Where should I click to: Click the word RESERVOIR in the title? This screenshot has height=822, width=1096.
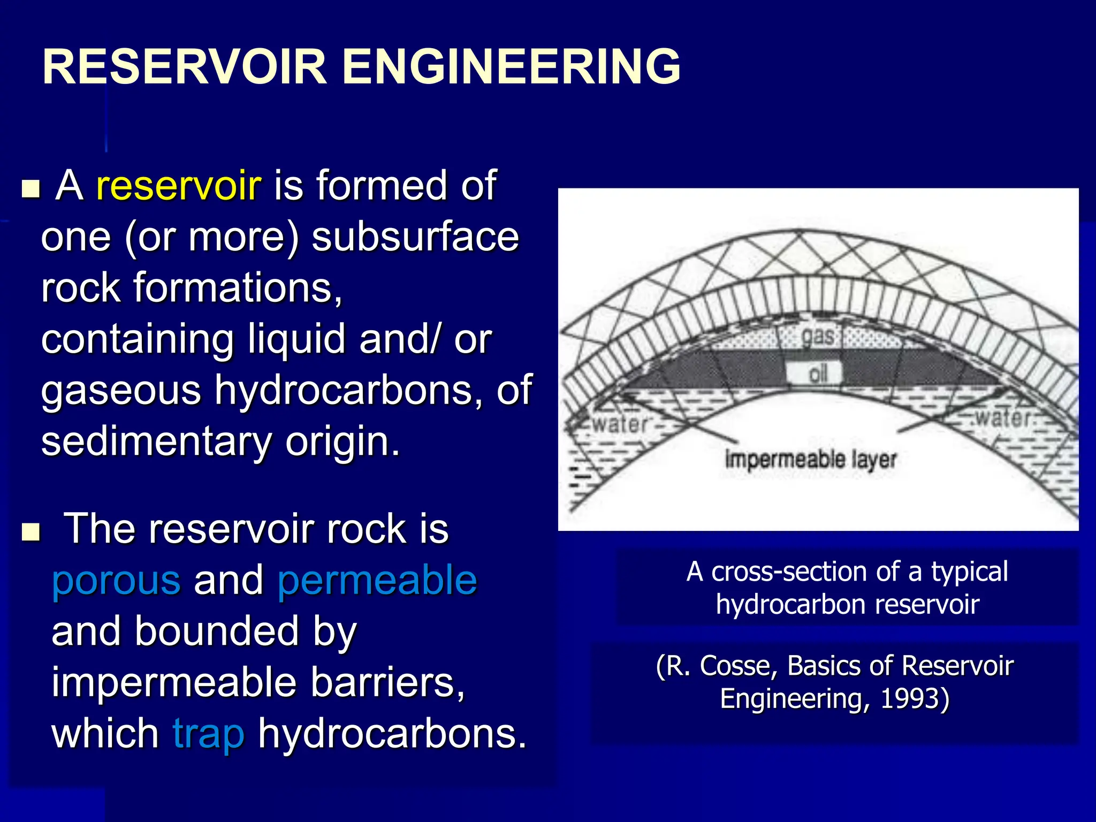click(184, 66)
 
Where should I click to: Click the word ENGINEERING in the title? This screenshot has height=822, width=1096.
click(511, 66)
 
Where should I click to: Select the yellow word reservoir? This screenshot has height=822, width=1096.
click(179, 185)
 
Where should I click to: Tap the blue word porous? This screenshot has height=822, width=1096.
click(116, 581)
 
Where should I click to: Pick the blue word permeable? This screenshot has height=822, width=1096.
click(377, 581)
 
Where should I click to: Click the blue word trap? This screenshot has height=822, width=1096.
click(208, 734)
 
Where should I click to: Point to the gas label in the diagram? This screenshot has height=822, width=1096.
click(817, 336)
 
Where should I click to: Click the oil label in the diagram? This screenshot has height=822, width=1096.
click(818, 373)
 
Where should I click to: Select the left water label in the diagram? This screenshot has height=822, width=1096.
click(620, 424)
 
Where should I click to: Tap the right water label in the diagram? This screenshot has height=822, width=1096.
click(1003, 418)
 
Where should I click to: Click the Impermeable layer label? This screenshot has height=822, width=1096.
click(810, 459)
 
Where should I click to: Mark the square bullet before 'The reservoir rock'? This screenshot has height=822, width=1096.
click(31, 532)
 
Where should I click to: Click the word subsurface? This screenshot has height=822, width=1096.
click(415, 237)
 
